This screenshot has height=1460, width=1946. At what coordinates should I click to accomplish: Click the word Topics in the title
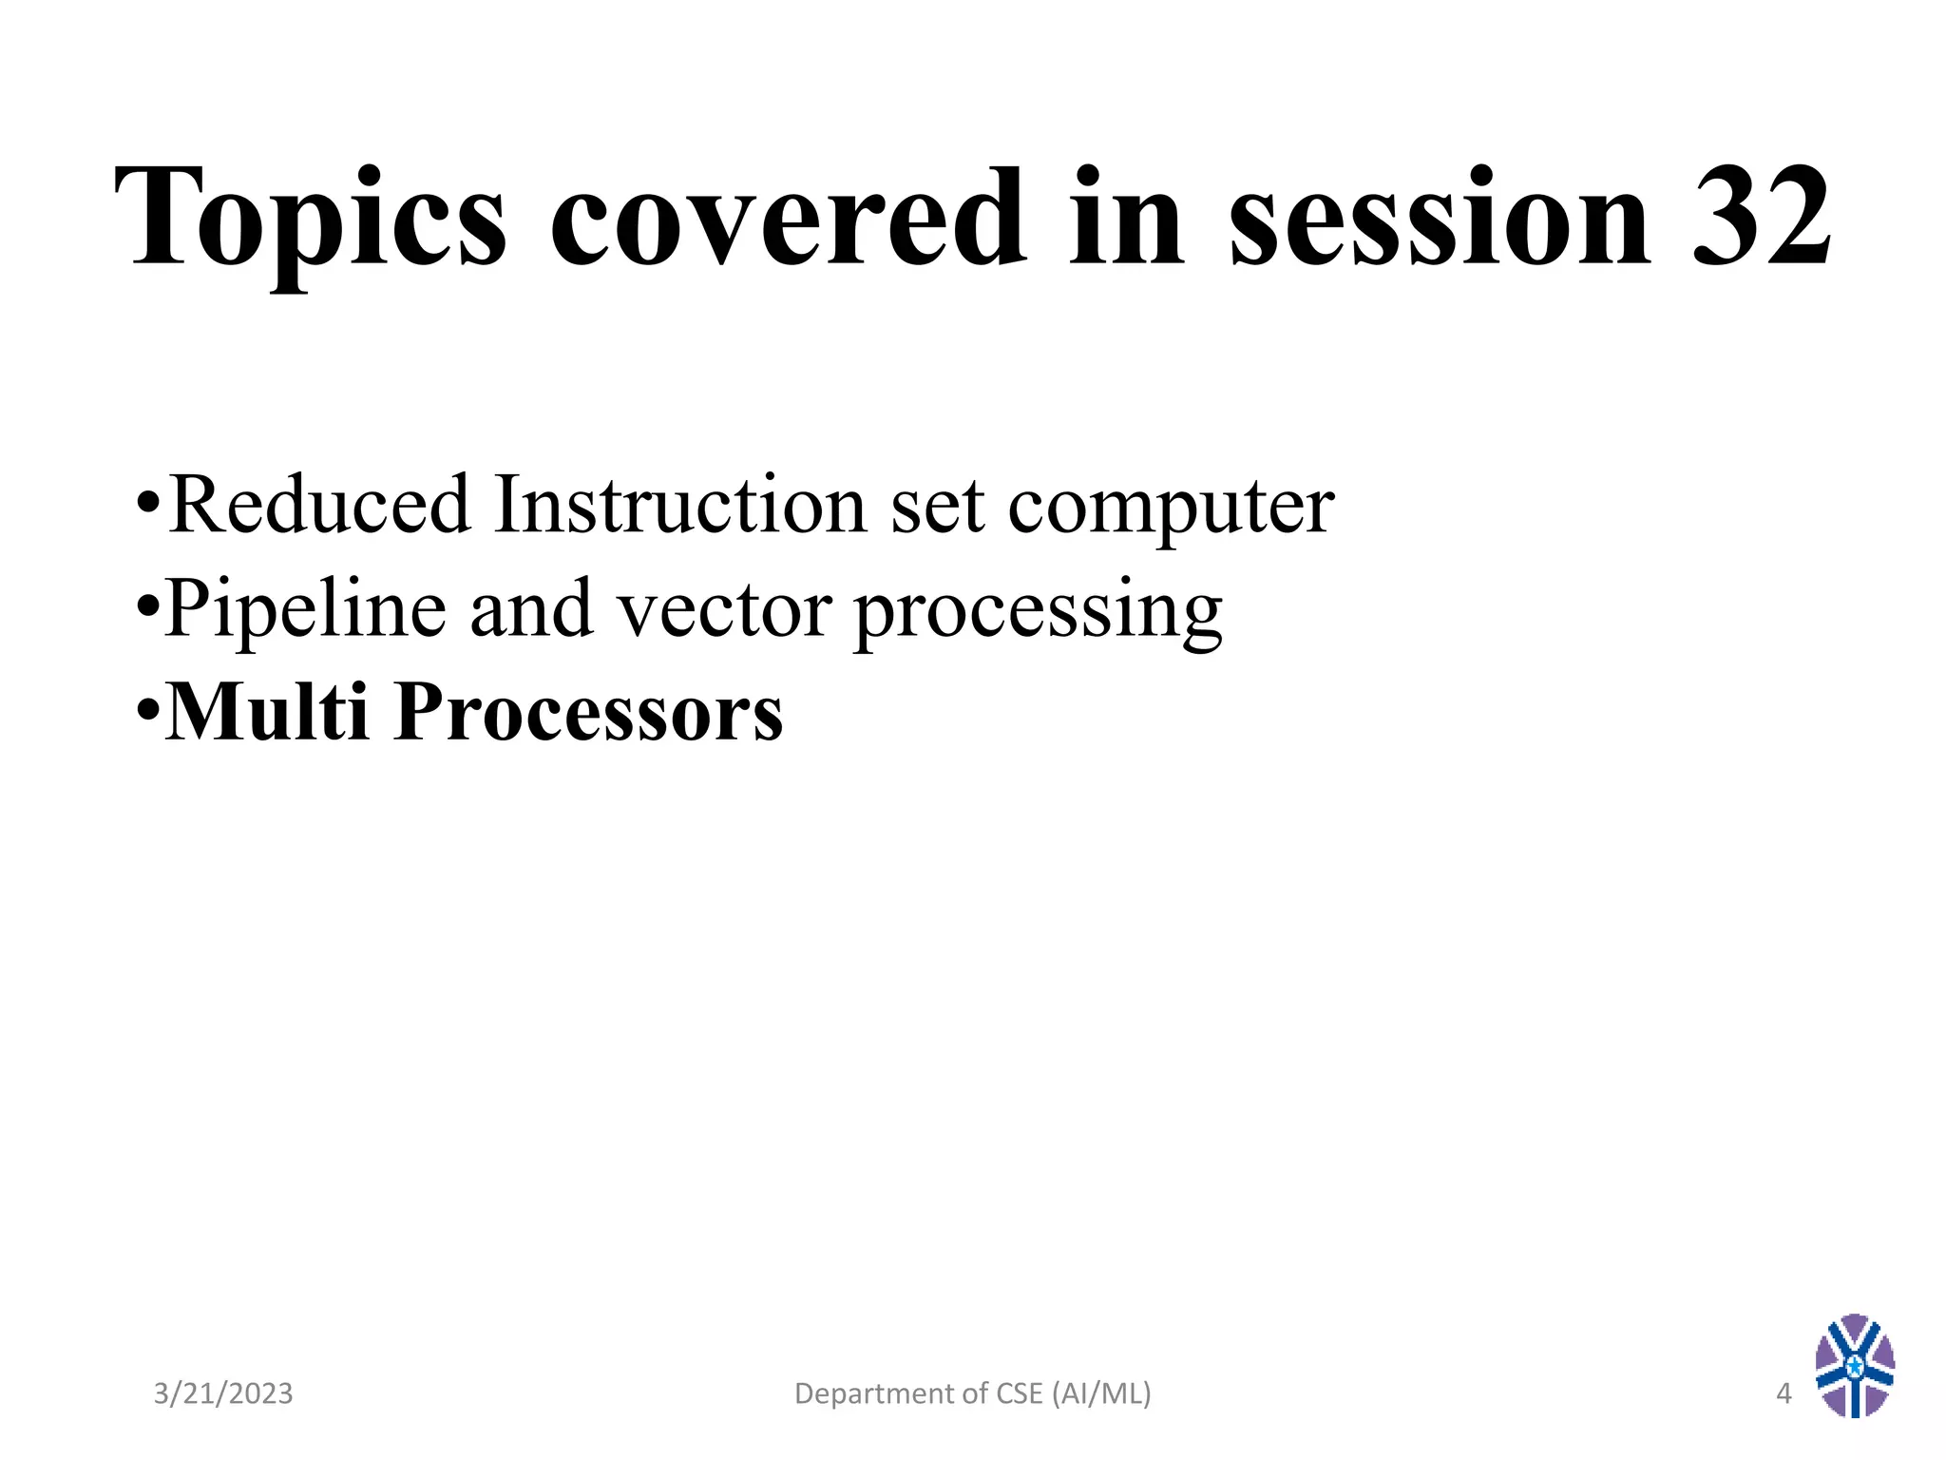[x=310, y=221]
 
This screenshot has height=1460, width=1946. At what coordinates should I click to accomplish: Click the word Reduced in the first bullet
[x=319, y=505]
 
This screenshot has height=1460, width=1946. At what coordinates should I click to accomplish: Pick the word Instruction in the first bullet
[x=679, y=505]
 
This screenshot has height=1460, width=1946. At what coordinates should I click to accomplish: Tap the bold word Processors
[x=588, y=713]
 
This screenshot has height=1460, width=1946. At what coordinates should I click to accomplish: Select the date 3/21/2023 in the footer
[x=223, y=1393]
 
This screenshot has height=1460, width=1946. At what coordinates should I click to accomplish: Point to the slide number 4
[x=1784, y=1393]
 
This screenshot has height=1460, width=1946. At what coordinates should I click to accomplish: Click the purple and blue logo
[x=1854, y=1365]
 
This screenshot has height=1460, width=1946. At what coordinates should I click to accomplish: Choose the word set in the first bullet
[x=937, y=505]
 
